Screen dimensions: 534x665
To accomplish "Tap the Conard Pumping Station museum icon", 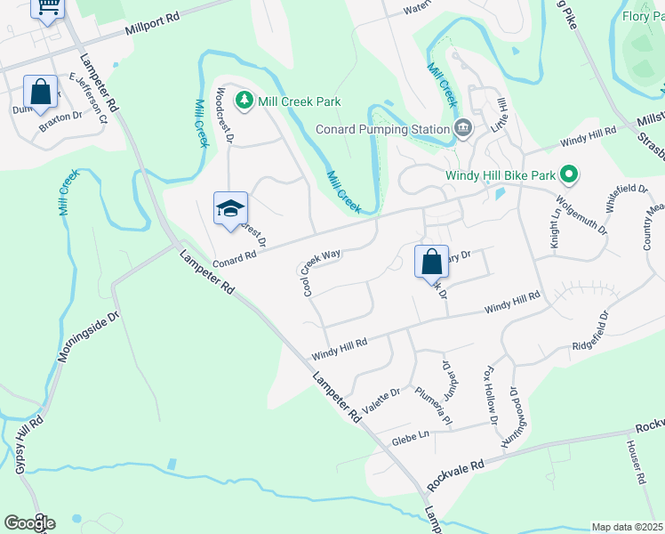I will click(462, 129).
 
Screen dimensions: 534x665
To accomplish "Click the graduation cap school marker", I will click(229, 209).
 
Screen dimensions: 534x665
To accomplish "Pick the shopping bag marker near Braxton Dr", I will click(41, 92).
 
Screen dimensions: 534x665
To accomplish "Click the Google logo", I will click(29, 523).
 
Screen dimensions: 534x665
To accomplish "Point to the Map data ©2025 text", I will click(626, 527).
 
